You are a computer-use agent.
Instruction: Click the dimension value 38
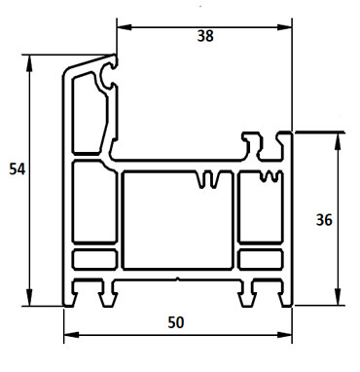(204, 36)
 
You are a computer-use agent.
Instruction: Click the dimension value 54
(16, 168)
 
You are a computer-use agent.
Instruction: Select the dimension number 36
(326, 219)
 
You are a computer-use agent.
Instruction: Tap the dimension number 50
(178, 321)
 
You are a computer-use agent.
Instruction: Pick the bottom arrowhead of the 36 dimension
(339, 301)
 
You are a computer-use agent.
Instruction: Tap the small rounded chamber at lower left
(93, 260)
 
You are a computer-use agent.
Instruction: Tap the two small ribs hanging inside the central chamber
(207, 180)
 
